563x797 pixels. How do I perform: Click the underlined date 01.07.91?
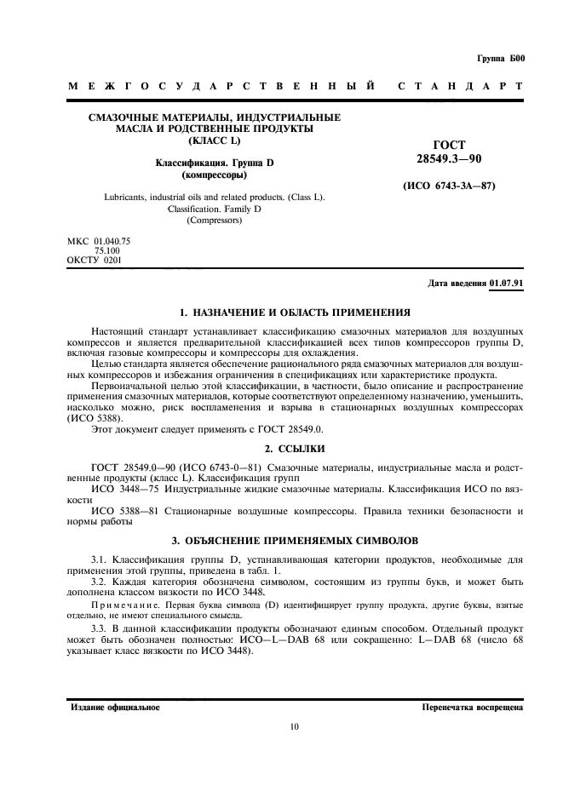(506, 283)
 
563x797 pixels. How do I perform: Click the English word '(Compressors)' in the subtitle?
(214, 221)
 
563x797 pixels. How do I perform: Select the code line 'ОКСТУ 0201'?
(94, 260)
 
